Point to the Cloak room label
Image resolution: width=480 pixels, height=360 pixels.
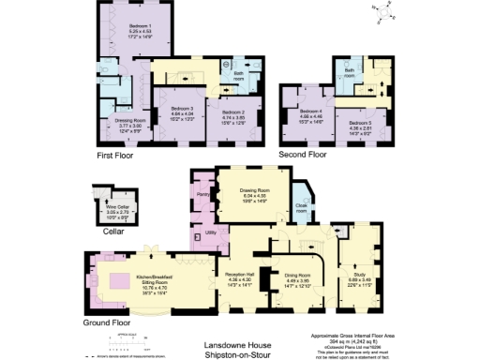(x=302, y=211)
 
